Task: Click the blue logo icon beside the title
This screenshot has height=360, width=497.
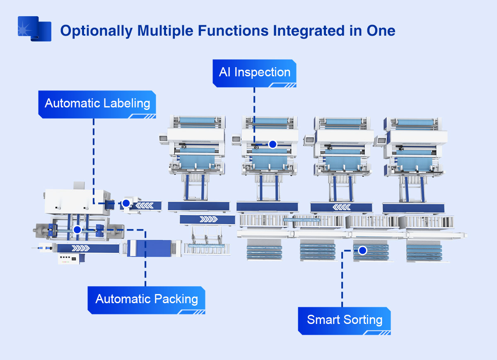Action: pyautogui.click(x=34, y=29)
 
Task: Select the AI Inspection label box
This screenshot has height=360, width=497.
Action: pyautogui.click(x=254, y=73)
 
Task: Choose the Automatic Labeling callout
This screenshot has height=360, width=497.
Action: pyautogui.click(x=97, y=103)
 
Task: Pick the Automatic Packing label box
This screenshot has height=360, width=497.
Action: pyautogui.click(x=146, y=299)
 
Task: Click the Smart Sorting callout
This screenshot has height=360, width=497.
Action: pyautogui.click(x=344, y=320)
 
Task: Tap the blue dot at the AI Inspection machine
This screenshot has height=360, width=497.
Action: pyautogui.click(x=273, y=144)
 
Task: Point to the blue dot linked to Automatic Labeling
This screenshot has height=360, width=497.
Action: pyautogui.click(x=126, y=203)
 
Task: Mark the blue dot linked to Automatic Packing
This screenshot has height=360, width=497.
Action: pyautogui.click(x=77, y=230)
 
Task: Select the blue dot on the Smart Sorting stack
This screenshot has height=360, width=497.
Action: pyautogui.click(x=362, y=251)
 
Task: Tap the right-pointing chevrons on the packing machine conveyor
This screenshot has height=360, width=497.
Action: pyautogui.click(x=80, y=248)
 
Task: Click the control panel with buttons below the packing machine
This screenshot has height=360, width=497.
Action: pyautogui.click(x=68, y=260)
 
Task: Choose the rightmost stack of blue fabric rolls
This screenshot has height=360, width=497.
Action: pyautogui.click(x=424, y=252)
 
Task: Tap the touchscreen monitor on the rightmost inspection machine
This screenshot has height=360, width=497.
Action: pyautogui.click(x=379, y=141)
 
